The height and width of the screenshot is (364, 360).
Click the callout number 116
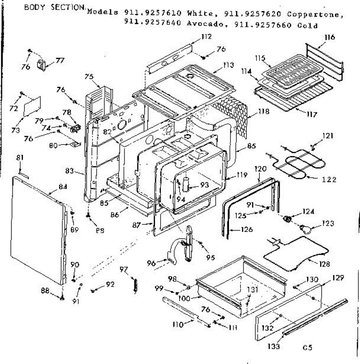[x=329, y=37]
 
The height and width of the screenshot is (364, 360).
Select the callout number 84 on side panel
[x=63, y=187]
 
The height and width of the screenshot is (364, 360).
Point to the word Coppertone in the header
[x=315, y=14]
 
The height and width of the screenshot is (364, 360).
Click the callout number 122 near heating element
[x=329, y=180]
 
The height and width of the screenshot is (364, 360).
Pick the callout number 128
[x=324, y=264]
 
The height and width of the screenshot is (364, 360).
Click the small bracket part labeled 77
[x=41, y=65]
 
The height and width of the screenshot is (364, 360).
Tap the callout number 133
[x=273, y=346]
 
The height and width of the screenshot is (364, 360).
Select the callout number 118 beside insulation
[x=263, y=112]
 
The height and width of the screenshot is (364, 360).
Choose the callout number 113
[x=228, y=65]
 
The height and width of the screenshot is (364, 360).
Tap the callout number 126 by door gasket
[x=246, y=230]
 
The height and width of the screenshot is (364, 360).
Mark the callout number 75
[x=89, y=77]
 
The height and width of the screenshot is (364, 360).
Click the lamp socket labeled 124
[x=288, y=218]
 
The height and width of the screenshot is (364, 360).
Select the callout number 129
[x=338, y=278]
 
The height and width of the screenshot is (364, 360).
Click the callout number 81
[x=20, y=158]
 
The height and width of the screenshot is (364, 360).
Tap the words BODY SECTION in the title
[x=55, y=8]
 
